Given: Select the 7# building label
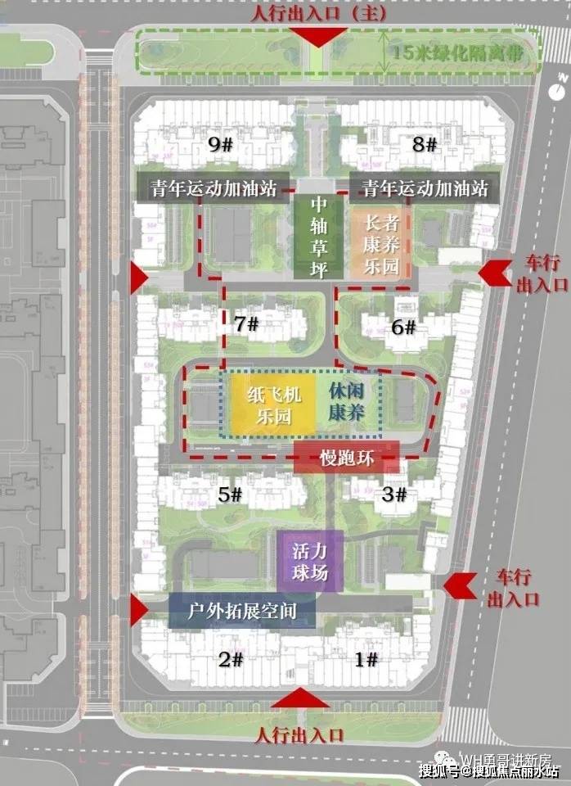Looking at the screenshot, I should [x=246, y=324].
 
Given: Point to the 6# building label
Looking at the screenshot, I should [x=404, y=327].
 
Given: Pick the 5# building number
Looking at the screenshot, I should [x=230, y=495].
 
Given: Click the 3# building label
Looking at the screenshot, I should [x=394, y=495].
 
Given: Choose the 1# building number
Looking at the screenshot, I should [x=366, y=660].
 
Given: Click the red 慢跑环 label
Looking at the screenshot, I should [x=347, y=458].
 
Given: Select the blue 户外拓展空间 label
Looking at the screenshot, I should [x=241, y=612].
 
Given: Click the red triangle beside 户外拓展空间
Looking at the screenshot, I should [x=138, y=610].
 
